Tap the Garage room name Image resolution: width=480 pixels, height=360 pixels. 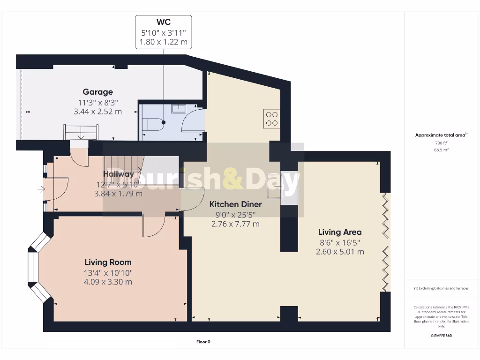(97, 92)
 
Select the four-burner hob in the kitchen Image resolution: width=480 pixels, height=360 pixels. (272, 119)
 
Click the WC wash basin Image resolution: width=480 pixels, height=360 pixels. (179, 109)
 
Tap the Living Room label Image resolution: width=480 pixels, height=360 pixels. (108, 262)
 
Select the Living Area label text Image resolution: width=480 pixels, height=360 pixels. (340, 232)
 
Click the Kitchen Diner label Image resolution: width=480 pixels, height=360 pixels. (235, 204)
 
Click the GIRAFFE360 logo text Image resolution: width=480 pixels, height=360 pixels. (441, 336)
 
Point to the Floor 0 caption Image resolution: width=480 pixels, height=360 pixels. (203, 342)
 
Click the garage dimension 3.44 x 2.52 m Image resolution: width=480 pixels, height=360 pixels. (97, 112)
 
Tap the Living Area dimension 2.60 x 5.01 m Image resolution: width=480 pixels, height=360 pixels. (340, 252)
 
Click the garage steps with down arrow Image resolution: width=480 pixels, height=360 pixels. (81, 132)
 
